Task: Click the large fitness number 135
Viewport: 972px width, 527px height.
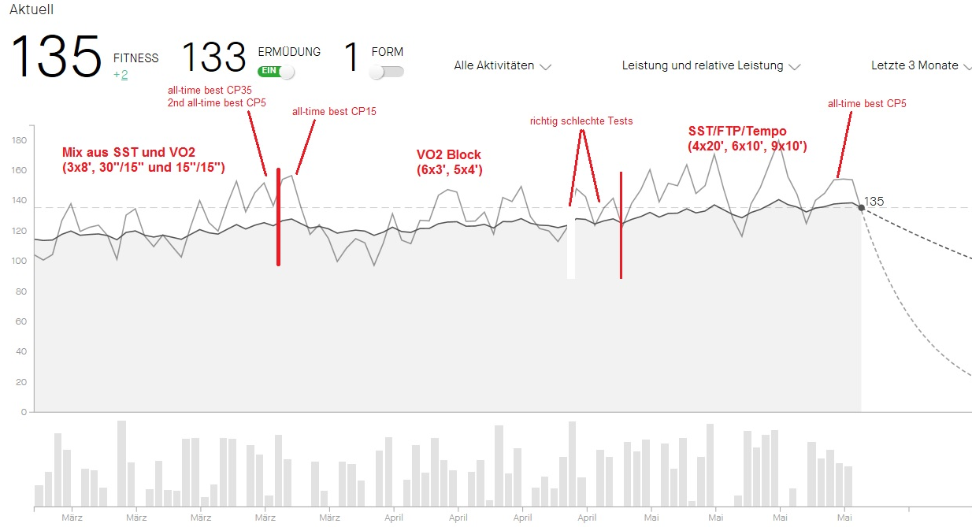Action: pos(56,58)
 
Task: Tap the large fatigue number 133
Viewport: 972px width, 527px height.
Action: pos(214,58)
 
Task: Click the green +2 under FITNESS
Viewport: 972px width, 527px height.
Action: pos(121,74)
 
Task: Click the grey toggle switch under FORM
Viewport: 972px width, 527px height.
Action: pos(386,72)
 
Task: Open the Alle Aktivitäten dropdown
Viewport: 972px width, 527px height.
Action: pos(502,66)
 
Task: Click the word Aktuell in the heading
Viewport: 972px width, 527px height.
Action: pos(32,9)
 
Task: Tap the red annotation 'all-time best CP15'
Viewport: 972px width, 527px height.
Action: pos(334,112)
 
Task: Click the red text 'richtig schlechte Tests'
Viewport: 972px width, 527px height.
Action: pos(581,121)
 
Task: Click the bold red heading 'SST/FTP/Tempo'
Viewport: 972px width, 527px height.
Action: pos(737,131)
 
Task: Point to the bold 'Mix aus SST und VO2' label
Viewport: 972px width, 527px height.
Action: pos(128,152)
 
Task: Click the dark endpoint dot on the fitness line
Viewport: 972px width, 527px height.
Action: pos(861,208)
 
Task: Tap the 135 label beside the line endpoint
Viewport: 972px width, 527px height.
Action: pos(874,201)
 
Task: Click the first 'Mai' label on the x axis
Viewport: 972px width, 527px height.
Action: pos(651,518)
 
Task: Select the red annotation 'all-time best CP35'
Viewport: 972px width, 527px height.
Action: pos(210,91)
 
